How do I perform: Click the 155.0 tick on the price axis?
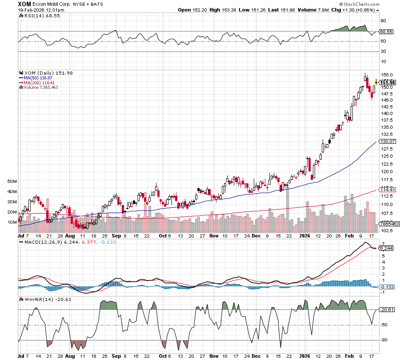[x=386, y=75]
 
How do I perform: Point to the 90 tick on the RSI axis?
[x=382, y=20]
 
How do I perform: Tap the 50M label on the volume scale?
[x=12, y=182]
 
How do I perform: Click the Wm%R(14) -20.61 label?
[x=47, y=299]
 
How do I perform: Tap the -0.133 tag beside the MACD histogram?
[x=387, y=287]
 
